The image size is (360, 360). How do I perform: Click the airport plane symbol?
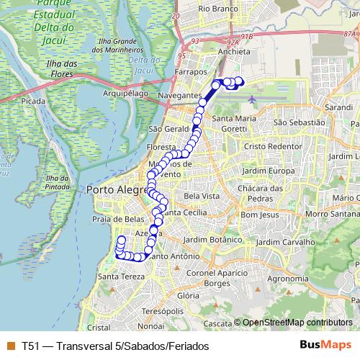click(x=251, y=99)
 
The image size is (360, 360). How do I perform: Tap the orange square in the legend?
click(x=10, y=346)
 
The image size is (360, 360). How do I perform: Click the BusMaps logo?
click(x=324, y=345)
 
